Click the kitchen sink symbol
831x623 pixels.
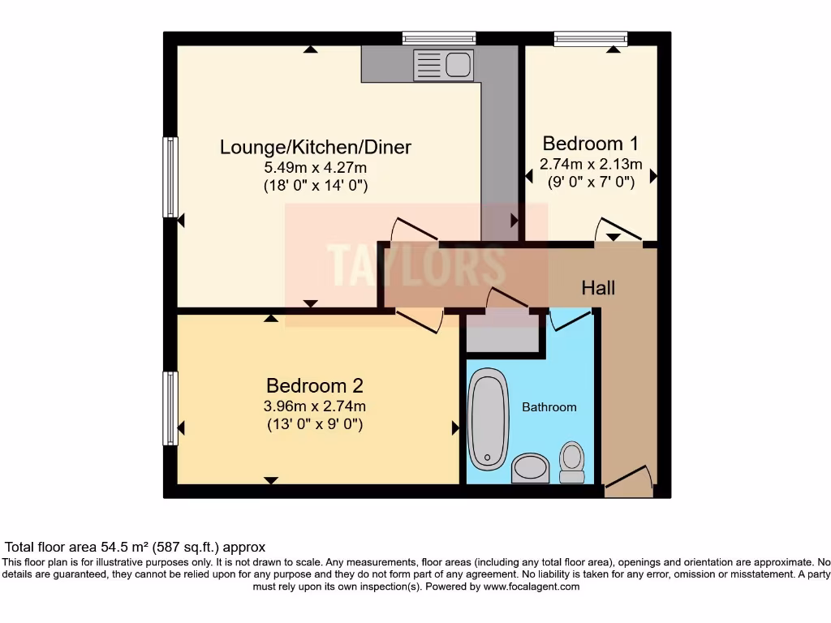pyautogui.click(x=443, y=65)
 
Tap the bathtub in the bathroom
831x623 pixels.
pyautogui.click(x=489, y=419)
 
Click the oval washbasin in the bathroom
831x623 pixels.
pyautogui.click(x=531, y=468)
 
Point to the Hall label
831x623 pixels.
pyautogui.click(x=598, y=288)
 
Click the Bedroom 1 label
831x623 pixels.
pyautogui.click(x=590, y=144)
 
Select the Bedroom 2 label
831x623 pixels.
pyautogui.click(x=314, y=385)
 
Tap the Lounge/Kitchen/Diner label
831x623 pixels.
pyautogui.click(x=316, y=147)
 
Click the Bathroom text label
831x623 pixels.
pyautogui.click(x=549, y=407)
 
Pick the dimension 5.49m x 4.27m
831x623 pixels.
pyautogui.click(x=316, y=168)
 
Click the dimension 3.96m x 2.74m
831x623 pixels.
pyautogui.click(x=314, y=406)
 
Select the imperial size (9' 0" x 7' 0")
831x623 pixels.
pyautogui.click(x=590, y=183)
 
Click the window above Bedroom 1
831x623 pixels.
pyautogui.click(x=591, y=37)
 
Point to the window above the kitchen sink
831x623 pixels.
pyautogui.click(x=439, y=37)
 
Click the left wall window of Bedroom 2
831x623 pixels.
pyautogui.click(x=170, y=408)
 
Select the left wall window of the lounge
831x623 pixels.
pyautogui.click(x=170, y=177)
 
